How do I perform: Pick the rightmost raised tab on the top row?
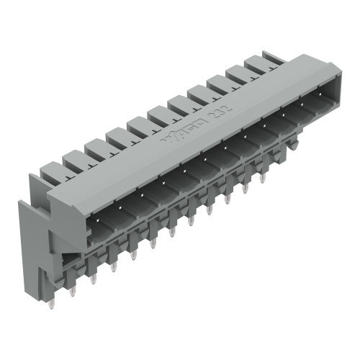click(261, 63)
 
